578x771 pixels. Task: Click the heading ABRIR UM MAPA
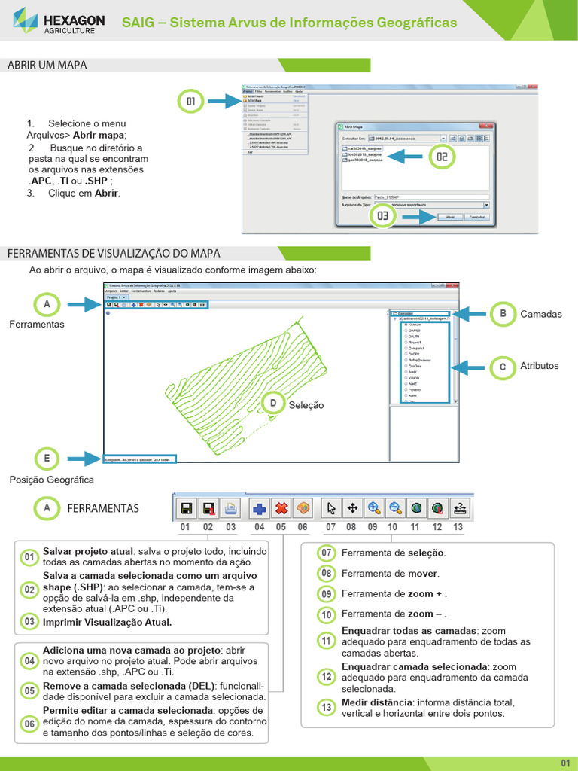47,66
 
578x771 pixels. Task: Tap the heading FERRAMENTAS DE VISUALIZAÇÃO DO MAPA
114,253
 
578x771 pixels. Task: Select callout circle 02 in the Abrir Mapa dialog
442,157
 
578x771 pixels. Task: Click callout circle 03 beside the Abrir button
383,215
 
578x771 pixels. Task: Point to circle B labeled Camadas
502,314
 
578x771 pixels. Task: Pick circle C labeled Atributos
502,367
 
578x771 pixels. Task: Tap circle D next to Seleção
272,404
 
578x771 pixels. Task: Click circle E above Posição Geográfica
47,459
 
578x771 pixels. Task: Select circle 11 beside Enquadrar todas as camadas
327,641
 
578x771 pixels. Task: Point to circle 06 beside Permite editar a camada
29,723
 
